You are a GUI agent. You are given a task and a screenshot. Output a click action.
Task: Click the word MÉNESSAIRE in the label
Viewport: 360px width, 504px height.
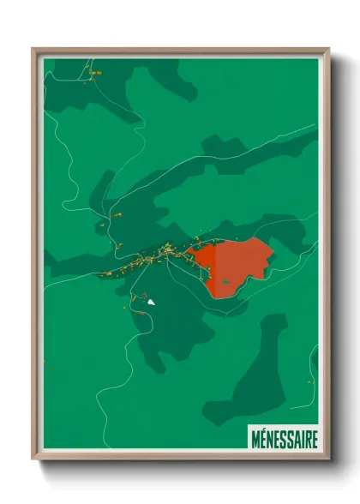285,439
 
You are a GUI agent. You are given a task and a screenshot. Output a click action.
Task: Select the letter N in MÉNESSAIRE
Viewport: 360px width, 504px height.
273,439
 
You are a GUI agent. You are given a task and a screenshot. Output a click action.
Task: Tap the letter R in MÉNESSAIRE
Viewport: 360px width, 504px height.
308,439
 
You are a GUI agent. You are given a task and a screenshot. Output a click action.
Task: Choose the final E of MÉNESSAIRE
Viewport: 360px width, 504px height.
315,439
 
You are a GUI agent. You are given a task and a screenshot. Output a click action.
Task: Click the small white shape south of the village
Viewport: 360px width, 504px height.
151,302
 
